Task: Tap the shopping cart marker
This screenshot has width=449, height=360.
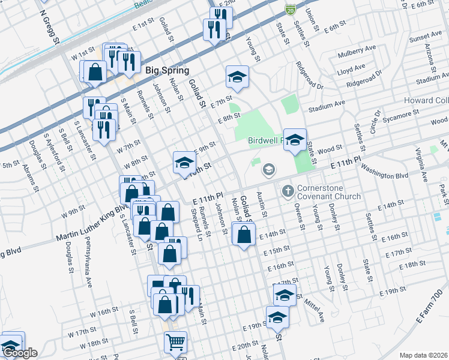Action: click(x=175, y=342)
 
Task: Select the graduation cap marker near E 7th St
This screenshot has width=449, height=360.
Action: click(x=237, y=77)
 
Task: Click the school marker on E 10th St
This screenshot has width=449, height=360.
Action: click(x=184, y=162)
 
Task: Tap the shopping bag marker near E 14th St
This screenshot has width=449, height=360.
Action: click(x=243, y=235)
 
